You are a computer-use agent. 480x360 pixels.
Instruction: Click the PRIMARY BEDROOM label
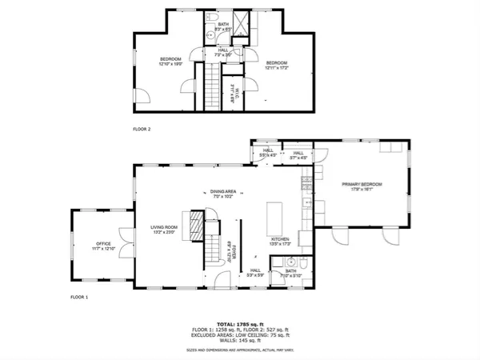tap(361, 185)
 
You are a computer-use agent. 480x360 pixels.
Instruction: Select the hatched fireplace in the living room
tap(190, 221)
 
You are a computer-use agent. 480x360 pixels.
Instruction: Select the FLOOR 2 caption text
tap(142, 128)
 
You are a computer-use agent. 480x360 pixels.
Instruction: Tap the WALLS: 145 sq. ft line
tap(240, 342)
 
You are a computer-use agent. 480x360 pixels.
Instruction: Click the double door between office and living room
tap(128, 244)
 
